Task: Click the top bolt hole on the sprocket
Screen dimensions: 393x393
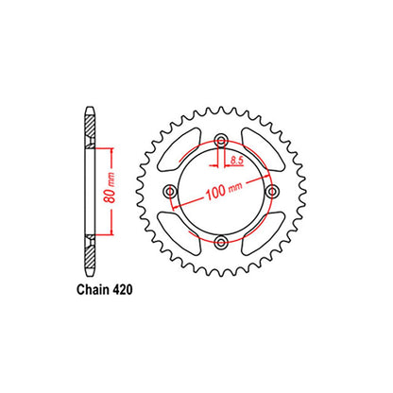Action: [x=222, y=141]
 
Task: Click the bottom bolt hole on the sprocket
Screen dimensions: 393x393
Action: [x=222, y=242]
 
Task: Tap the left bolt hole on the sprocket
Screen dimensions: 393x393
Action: [x=171, y=191]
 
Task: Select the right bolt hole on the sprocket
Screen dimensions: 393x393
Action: [x=272, y=191]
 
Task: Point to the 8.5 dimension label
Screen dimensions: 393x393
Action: [x=236, y=161]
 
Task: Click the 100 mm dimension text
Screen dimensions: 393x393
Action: [x=224, y=191]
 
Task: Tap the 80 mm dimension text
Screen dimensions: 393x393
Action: [x=111, y=188]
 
